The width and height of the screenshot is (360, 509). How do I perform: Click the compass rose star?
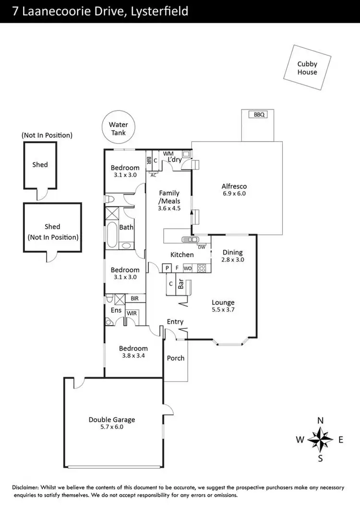coord(320,439)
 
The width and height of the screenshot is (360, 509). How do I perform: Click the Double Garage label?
coord(112,419)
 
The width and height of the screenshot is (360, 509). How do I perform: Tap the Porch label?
coord(176,358)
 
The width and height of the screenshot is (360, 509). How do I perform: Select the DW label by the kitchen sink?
coord(202,247)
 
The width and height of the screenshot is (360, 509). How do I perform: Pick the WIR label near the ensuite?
coord(131,313)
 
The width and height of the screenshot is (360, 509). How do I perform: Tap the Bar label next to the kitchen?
coord(181,284)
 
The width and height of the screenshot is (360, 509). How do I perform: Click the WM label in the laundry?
coord(168,154)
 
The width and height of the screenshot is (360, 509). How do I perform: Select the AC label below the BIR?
coord(154,175)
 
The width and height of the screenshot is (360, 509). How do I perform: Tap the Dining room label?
coord(233,253)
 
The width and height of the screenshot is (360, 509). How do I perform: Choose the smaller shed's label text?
coord(40,164)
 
